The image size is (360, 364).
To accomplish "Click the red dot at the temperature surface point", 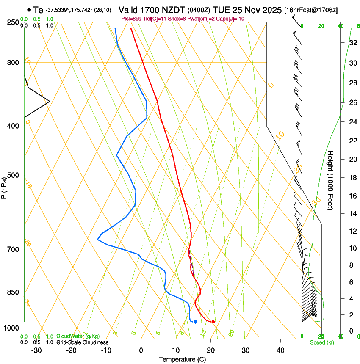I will point(213,322).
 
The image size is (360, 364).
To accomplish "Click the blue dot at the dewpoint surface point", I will point(195,322).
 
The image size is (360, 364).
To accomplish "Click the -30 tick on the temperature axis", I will point(36,350).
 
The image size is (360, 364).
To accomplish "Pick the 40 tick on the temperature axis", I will point(280,350).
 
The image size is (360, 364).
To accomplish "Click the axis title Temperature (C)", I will point(182,359).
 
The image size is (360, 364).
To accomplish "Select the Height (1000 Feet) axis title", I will point(330,180).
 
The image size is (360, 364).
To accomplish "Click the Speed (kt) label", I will point(321,342).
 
